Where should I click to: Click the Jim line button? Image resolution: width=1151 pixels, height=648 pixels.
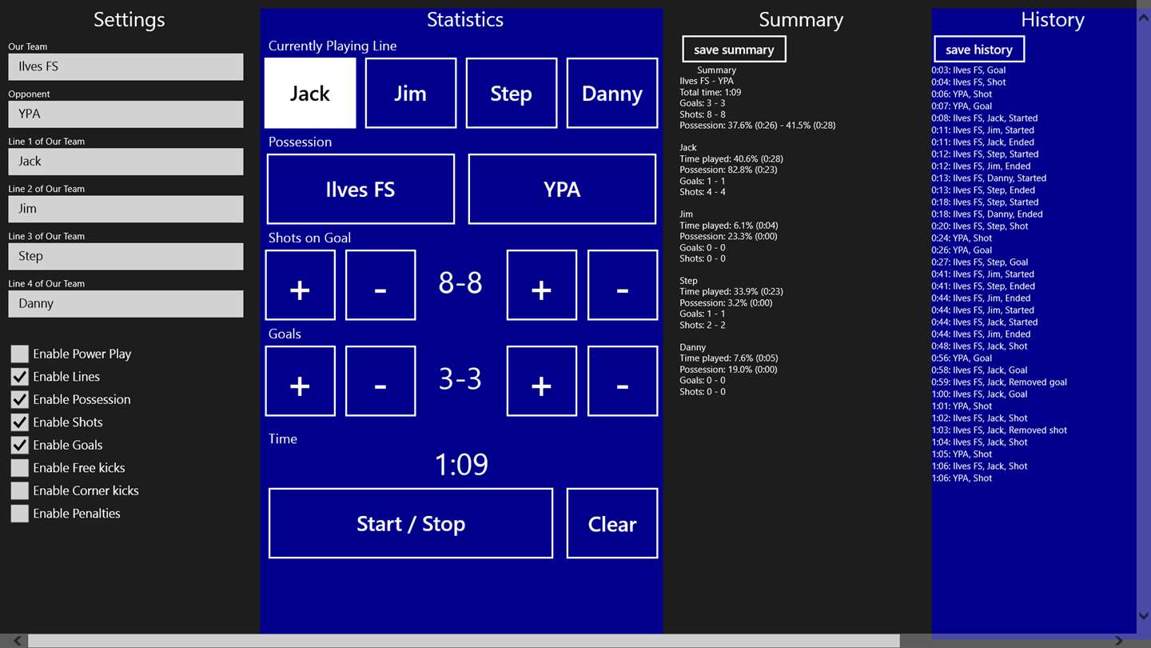click(411, 93)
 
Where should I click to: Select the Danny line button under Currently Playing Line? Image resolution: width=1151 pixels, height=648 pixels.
click(612, 93)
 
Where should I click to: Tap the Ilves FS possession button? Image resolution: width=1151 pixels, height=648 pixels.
click(360, 190)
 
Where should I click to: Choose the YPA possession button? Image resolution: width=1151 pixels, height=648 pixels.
click(562, 190)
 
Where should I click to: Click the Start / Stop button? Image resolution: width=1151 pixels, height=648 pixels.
click(411, 523)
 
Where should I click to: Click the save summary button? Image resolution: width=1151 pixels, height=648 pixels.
click(734, 50)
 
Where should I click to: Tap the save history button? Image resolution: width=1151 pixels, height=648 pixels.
click(979, 50)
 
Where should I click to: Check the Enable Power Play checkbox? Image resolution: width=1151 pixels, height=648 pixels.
click(19, 354)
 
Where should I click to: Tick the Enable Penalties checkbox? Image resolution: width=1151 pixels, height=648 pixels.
click(19, 514)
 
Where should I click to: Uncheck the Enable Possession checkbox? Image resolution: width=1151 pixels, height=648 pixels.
click(19, 399)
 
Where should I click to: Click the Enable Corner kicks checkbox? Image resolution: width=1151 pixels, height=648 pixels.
click(19, 490)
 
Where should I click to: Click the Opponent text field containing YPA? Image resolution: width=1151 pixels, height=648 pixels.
click(126, 114)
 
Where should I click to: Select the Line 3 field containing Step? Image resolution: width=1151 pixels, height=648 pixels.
click(126, 256)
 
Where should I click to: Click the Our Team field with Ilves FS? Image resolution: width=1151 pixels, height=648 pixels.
click(126, 67)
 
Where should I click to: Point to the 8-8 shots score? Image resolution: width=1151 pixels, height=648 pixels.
click(460, 283)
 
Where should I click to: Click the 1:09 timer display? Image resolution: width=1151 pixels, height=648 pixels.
click(461, 464)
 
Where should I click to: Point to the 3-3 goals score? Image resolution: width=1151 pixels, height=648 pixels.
click(460, 379)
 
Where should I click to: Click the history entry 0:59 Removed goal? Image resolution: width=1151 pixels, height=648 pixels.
click(999, 382)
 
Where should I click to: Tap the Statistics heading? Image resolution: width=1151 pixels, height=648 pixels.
click(465, 19)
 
